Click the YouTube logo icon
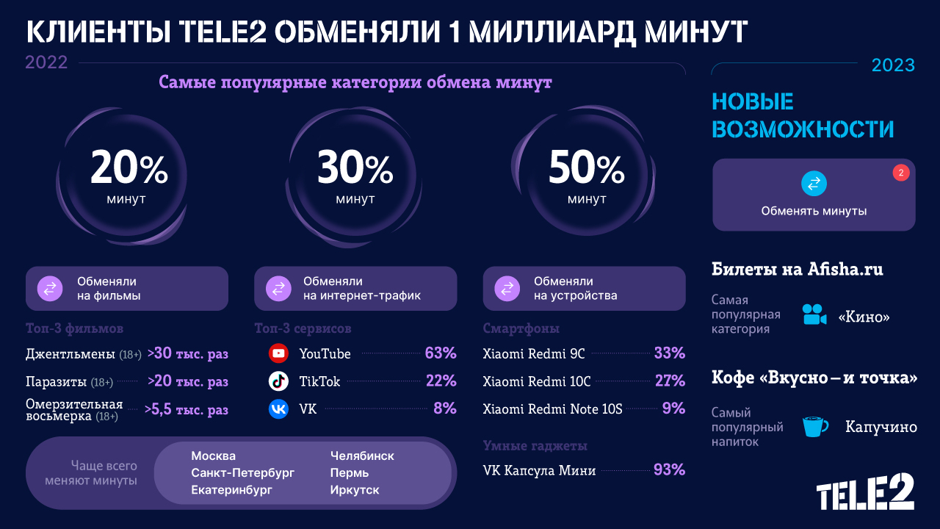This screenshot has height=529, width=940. tap(278, 353)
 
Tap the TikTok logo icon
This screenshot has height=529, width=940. tap(278, 381)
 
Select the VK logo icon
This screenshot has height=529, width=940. tap(278, 409)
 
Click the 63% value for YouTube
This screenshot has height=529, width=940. tap(441, 353)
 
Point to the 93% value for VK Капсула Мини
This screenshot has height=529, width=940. tap(669, 469)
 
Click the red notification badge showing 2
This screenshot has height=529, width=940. tap(900, 173)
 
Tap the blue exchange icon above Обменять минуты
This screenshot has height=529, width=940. tap(814, 184)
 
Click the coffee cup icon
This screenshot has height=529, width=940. tap(814, 426)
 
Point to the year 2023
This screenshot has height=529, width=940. tap(893, 65)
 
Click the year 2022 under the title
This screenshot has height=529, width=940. tap(46, 62)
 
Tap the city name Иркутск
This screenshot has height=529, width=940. tap(355, 489)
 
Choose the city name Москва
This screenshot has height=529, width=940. tap(213, 456)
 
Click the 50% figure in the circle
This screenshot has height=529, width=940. tap(586, 170)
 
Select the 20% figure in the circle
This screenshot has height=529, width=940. tap(129, 168)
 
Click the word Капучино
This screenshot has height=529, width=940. tap(881, 427)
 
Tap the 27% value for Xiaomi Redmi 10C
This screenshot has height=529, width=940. tap(669, 381)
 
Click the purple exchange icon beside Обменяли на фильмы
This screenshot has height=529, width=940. tap(50, 288)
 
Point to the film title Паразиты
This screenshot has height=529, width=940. tap(56, 382)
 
